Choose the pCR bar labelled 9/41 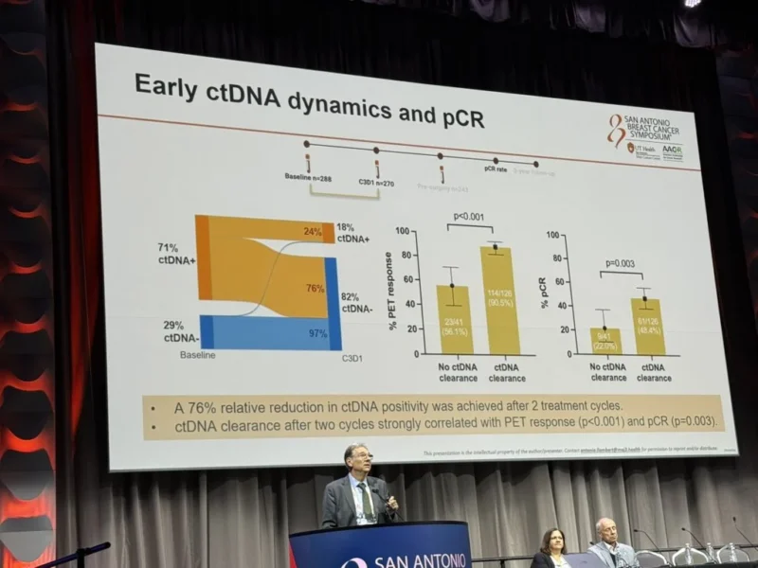pos(605,342)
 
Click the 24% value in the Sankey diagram pos(313,230)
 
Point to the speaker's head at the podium pos(357,459)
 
